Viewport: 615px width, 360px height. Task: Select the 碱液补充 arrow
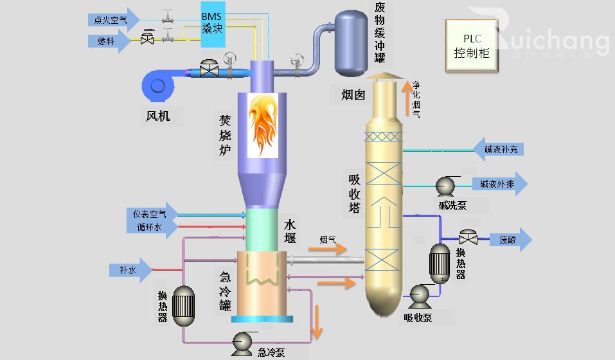click(500, 149)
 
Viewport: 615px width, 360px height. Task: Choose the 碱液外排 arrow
click(500, 184)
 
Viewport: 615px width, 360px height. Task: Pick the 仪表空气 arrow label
click(147, 213)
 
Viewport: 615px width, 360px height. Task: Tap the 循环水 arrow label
click(147, 227)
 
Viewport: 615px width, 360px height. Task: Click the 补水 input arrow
click(132, 270)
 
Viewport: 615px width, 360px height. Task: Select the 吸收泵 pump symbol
click(420, 295)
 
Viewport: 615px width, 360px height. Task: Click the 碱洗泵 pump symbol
click(445, 186)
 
